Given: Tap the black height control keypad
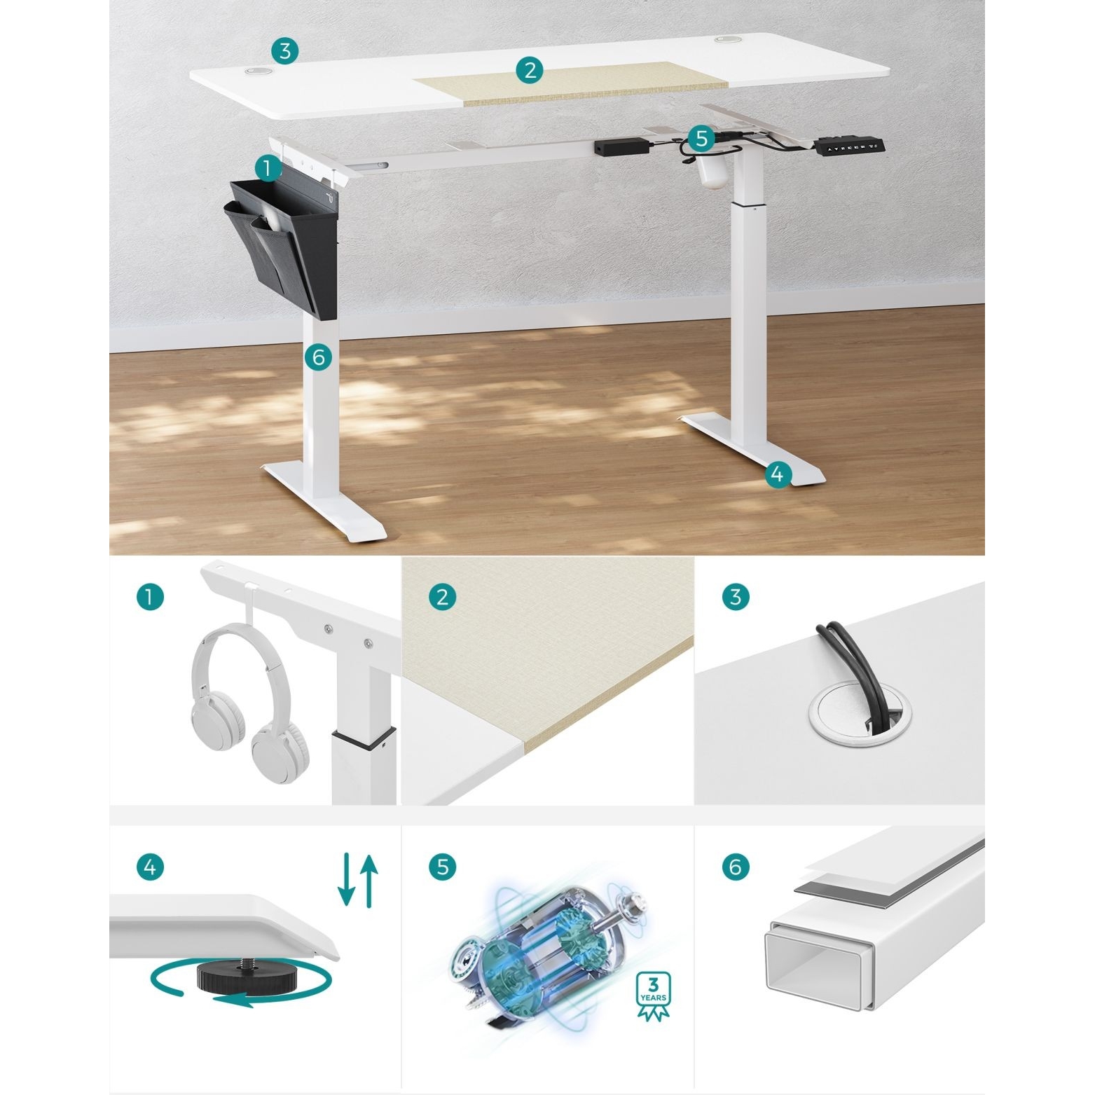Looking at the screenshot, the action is (x=849, y=147).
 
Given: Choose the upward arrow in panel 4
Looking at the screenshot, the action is (x=369, y=881).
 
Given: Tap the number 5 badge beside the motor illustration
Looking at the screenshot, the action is (x=442, y=867).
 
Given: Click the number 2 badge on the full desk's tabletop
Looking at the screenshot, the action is (x=530, y=69).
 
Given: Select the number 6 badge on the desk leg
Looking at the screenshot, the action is (x=318, y=357).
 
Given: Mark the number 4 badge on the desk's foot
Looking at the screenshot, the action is (x=777, y=474).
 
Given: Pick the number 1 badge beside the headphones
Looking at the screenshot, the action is (x=150, y=597).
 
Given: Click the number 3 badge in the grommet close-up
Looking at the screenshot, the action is (x=736, y=597).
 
